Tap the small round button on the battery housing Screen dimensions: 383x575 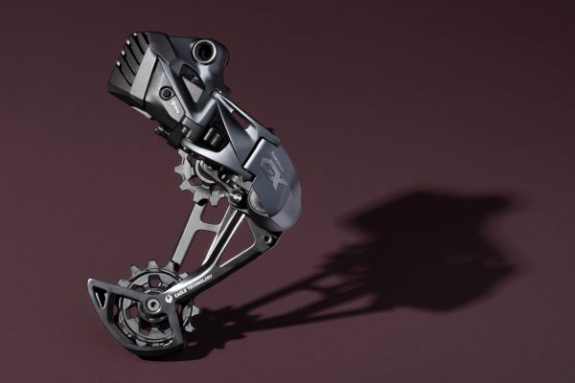pyautogui.click(x=166, y=94)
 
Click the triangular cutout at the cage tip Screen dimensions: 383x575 pyautogui.click(x=103, y=290)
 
